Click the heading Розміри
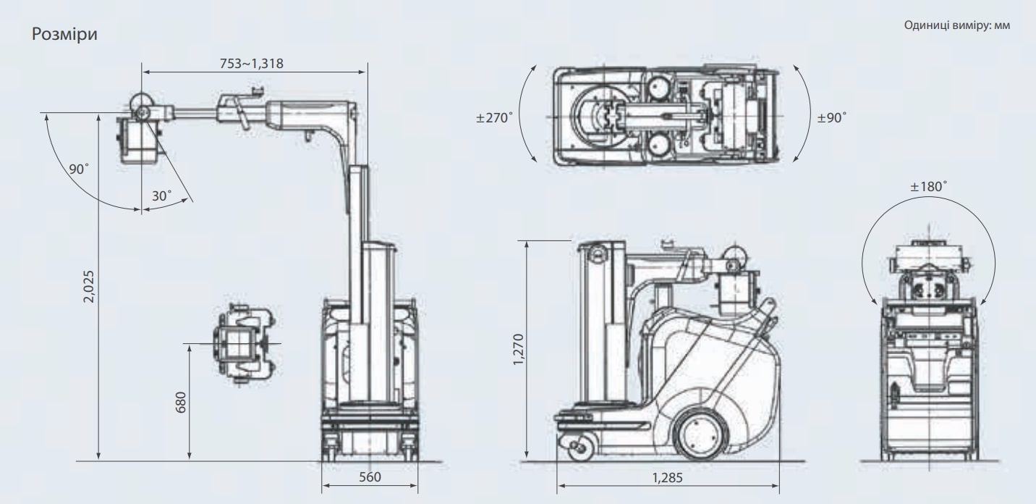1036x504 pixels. (x=64, y=34)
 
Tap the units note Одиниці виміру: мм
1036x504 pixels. (x=957, y=25)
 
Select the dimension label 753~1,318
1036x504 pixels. (x=251, y=64)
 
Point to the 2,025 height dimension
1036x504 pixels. (x=88, y=287)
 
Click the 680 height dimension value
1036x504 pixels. (x=181, y=402)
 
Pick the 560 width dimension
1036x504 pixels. (x=370, y=476)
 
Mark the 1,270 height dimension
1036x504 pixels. (x=519, y=350)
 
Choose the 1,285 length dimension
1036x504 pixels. (x=667, y=478)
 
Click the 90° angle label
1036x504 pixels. (x=79, y=169)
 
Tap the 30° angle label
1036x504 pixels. (x=161, y=196)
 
